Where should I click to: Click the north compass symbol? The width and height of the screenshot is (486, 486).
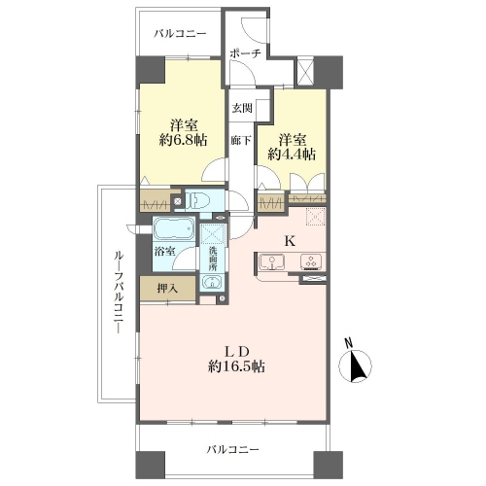[355, 364]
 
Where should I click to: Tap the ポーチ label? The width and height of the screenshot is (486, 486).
[245, 53]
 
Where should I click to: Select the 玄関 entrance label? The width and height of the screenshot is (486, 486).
[242, 107]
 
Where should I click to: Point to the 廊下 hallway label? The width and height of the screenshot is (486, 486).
[241, 140]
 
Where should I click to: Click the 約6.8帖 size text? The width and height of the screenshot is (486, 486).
[184, 140]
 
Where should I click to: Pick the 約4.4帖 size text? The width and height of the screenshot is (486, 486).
[292, 155]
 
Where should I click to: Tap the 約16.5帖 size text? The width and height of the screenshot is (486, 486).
[237, 366]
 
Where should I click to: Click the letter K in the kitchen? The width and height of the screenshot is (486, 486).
[290, 240]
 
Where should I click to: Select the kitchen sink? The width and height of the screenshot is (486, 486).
[272, 261]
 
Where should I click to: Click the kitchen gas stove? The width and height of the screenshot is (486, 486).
[311, 261]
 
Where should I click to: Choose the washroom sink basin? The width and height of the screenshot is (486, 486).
[212, 282]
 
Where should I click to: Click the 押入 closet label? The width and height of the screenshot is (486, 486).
[167, 288]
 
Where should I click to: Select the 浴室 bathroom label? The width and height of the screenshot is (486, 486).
[164, 251]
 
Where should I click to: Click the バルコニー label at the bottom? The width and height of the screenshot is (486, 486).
[233, 449]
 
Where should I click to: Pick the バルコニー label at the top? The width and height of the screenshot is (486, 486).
[180, 34]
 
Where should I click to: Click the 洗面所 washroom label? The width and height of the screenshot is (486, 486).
[212, 259]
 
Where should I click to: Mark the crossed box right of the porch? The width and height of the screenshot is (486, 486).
[305, 70]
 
